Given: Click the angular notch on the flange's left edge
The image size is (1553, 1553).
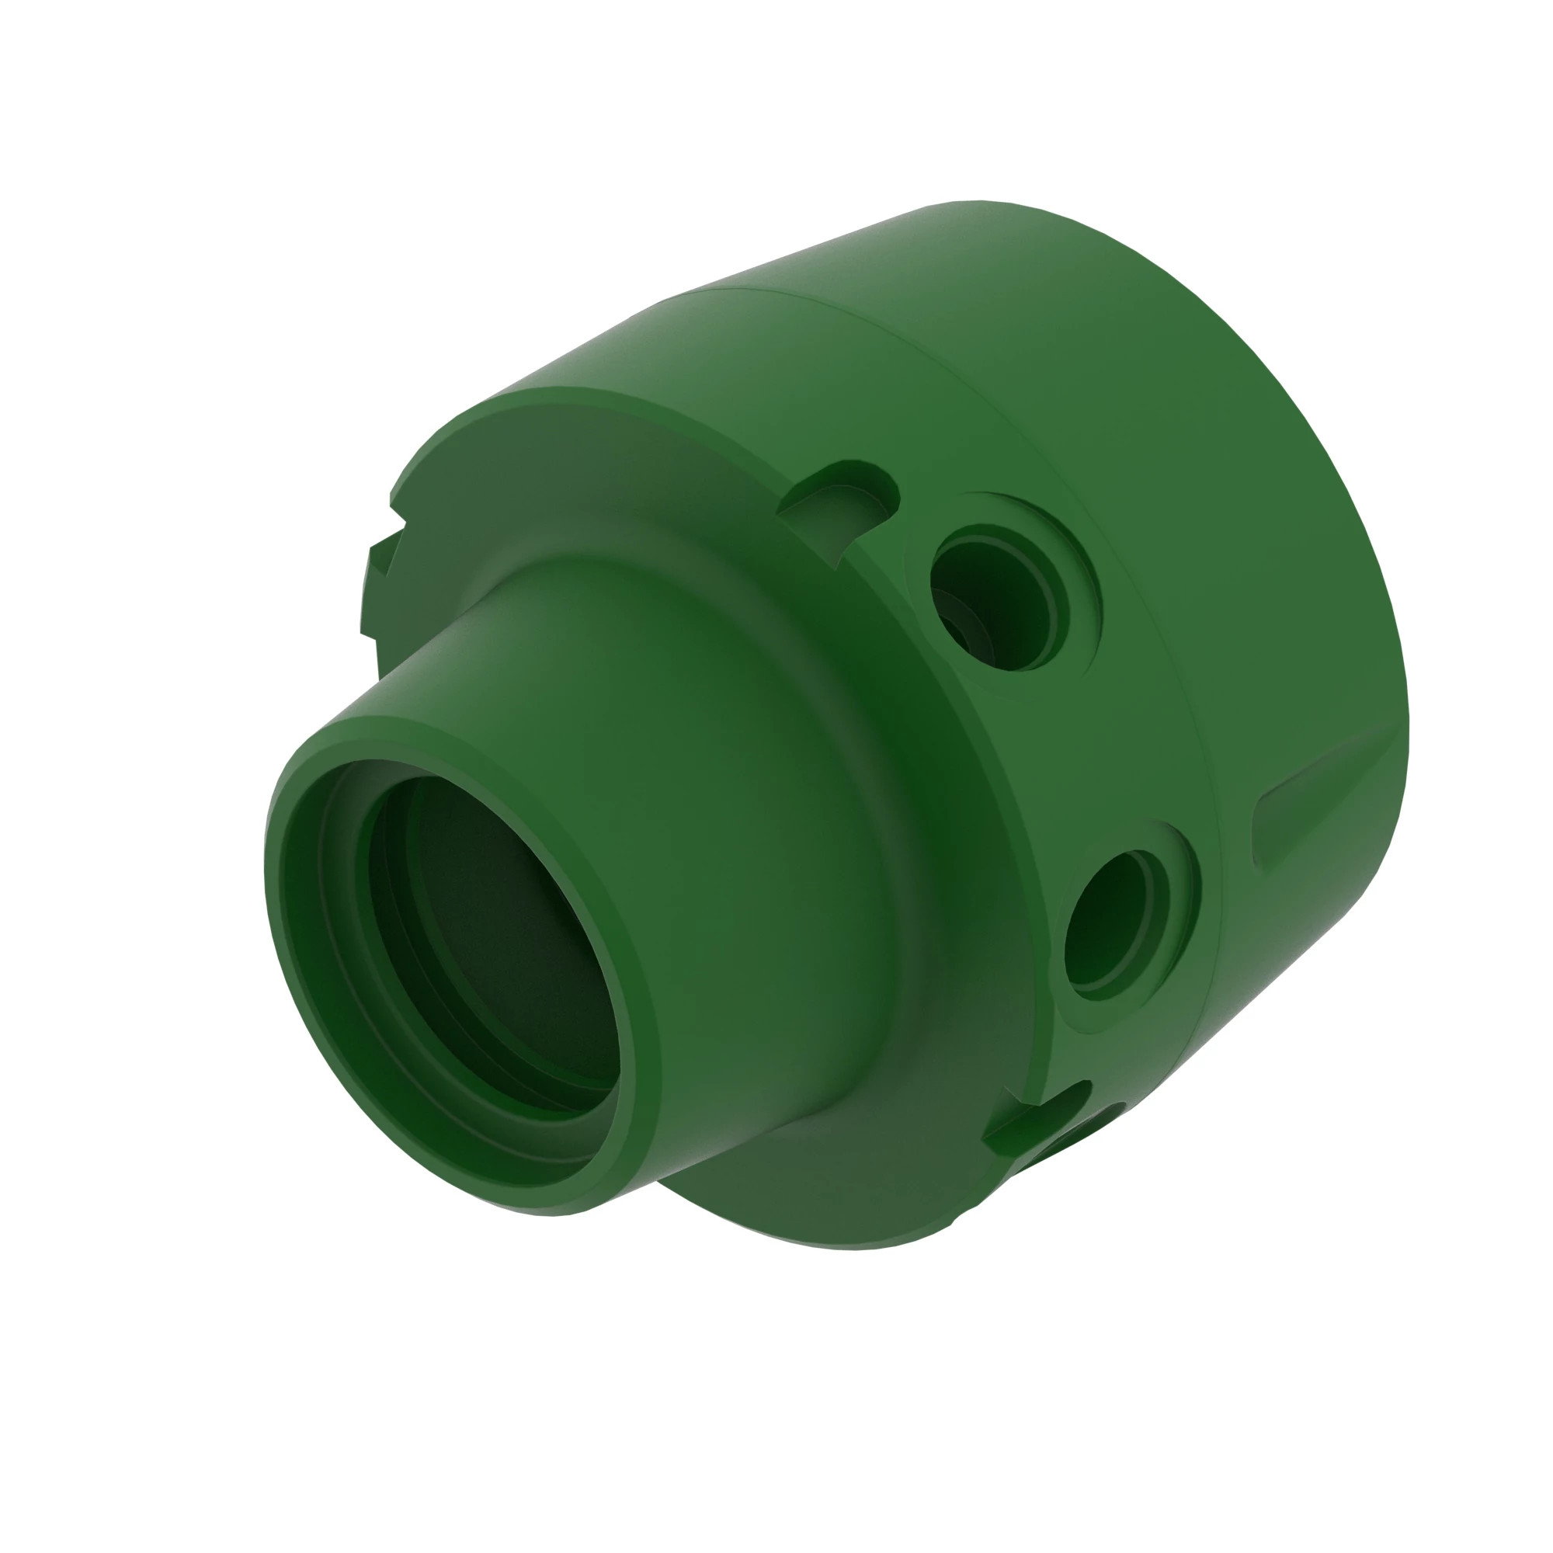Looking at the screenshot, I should click(378, 563).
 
